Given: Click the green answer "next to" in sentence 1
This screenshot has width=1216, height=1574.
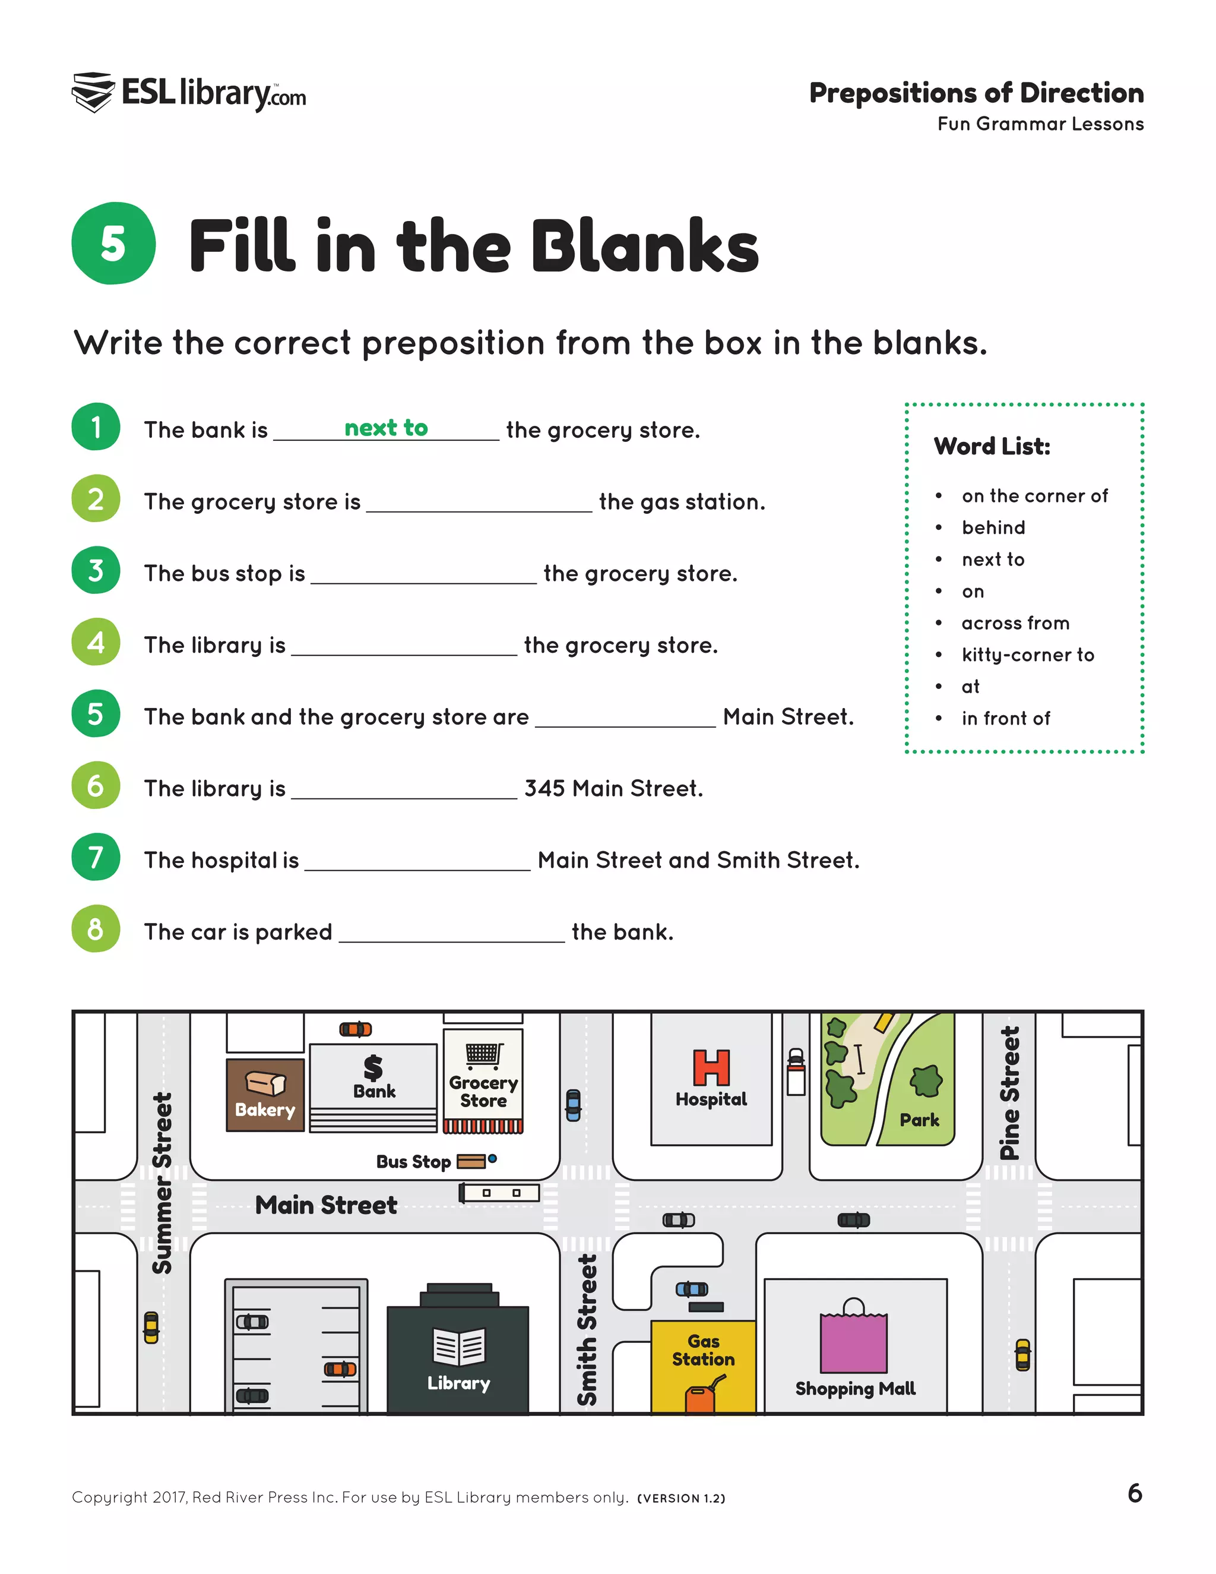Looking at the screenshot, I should click(386, 428).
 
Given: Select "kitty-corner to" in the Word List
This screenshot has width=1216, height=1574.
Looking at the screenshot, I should click(1027, 655).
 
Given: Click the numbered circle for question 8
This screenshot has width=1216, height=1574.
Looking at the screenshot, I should click(96, 929).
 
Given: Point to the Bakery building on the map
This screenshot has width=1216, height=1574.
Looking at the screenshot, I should click(265, 1095).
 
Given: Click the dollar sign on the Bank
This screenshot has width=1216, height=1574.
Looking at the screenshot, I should click(373, 1067).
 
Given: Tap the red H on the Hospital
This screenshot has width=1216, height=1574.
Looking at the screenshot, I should click(711, 1067).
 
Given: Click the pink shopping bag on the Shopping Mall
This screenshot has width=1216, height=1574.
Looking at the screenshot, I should click(854, 1338).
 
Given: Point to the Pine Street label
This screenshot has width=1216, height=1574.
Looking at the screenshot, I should click(1010, 1093).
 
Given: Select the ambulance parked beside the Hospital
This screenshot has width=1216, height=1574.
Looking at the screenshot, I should click(796, 1072).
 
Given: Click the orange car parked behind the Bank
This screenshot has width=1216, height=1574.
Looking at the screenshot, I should click(356, 1029).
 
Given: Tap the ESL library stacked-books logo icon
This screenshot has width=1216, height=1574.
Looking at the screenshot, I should click(93, 92).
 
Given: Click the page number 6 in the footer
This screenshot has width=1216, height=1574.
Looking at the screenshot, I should click(1135, 1493).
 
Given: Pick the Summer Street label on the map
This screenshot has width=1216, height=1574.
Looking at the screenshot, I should click(162, 1183).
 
